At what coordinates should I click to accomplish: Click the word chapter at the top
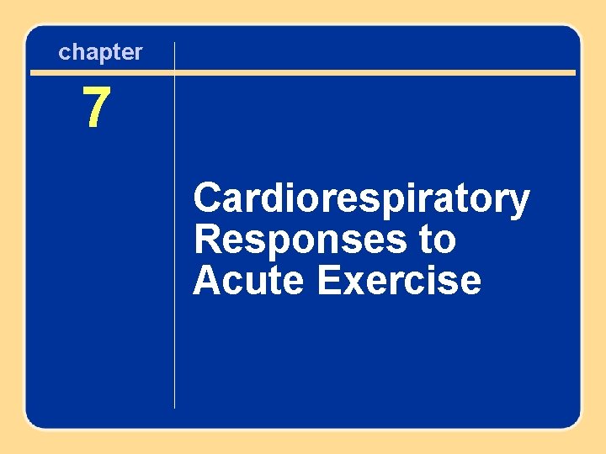100,52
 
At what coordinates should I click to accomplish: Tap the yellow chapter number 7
96,108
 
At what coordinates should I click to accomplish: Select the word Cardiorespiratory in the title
361,200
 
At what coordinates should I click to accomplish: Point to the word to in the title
436,240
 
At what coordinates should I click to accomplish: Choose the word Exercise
399,280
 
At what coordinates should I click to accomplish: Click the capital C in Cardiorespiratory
208,199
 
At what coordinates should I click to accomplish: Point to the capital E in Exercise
328,280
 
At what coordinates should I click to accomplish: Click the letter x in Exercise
351,282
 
